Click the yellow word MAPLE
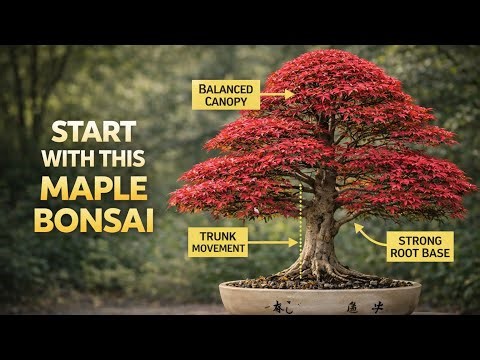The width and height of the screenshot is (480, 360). [95, 189]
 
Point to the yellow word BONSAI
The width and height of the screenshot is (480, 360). [94, 219]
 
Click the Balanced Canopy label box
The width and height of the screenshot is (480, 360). [228, 95]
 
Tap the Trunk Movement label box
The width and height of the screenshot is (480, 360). [217, 241]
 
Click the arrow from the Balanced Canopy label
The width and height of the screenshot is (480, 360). [279, 95]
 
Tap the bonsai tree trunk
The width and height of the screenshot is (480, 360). [322, 225]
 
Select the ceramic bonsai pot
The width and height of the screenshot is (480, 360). [320, 297]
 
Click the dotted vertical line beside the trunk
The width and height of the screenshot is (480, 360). [301, 215]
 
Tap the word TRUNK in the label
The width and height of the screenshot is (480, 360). [217, 235]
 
